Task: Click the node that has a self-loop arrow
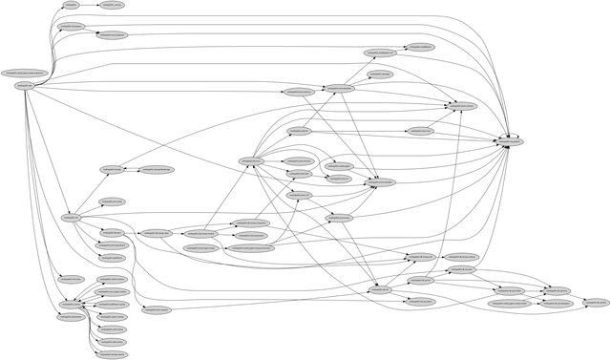(x=511, y=141)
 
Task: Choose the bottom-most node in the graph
(x=111, y=353)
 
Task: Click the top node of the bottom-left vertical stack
(x=112, y=279)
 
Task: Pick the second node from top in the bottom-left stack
(x=112, y=291)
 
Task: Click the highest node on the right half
(x=420, y=46)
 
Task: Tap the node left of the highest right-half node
(x=379, y=53)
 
